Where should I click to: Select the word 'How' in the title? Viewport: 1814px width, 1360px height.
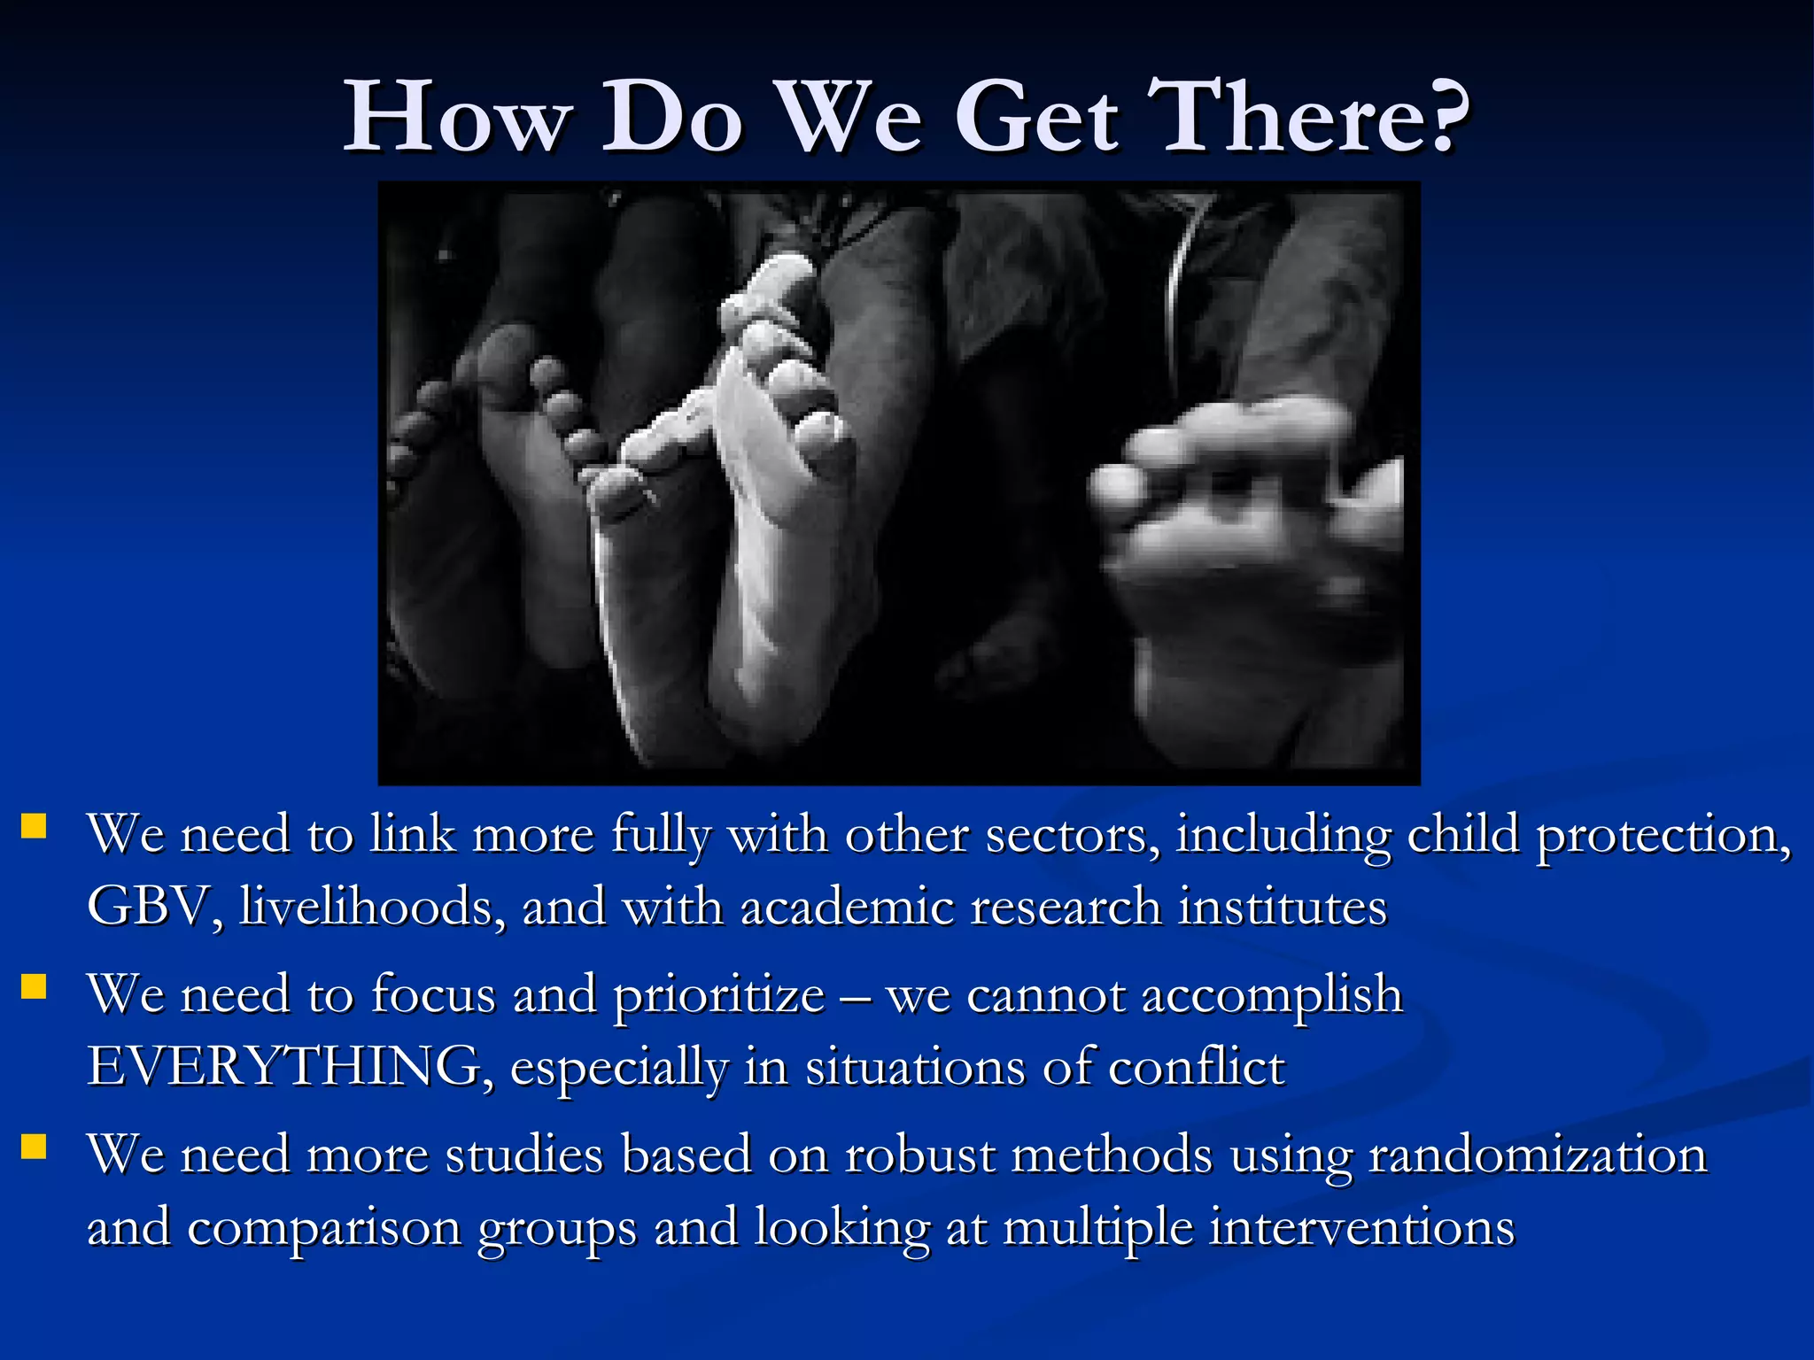[x=456, y=118]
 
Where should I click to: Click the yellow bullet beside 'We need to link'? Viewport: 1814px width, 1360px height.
[x=34, y=826]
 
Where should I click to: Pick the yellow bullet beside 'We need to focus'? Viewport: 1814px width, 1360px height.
[x=34, y=986]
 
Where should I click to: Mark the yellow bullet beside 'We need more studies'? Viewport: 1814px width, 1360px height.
[x=34, y=1147]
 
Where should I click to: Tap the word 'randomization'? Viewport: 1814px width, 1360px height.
[x=1537, y=1155]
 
